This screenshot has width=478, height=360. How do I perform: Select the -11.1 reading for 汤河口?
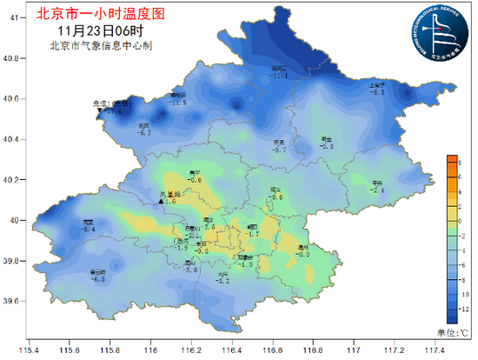point(280,77)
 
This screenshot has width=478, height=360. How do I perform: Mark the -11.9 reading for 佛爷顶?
point(178,103)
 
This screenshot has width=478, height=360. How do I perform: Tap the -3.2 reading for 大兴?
point(222,281)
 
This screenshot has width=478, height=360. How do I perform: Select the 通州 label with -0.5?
point(303,252)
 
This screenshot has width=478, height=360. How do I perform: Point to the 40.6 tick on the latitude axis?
point(10,99)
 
